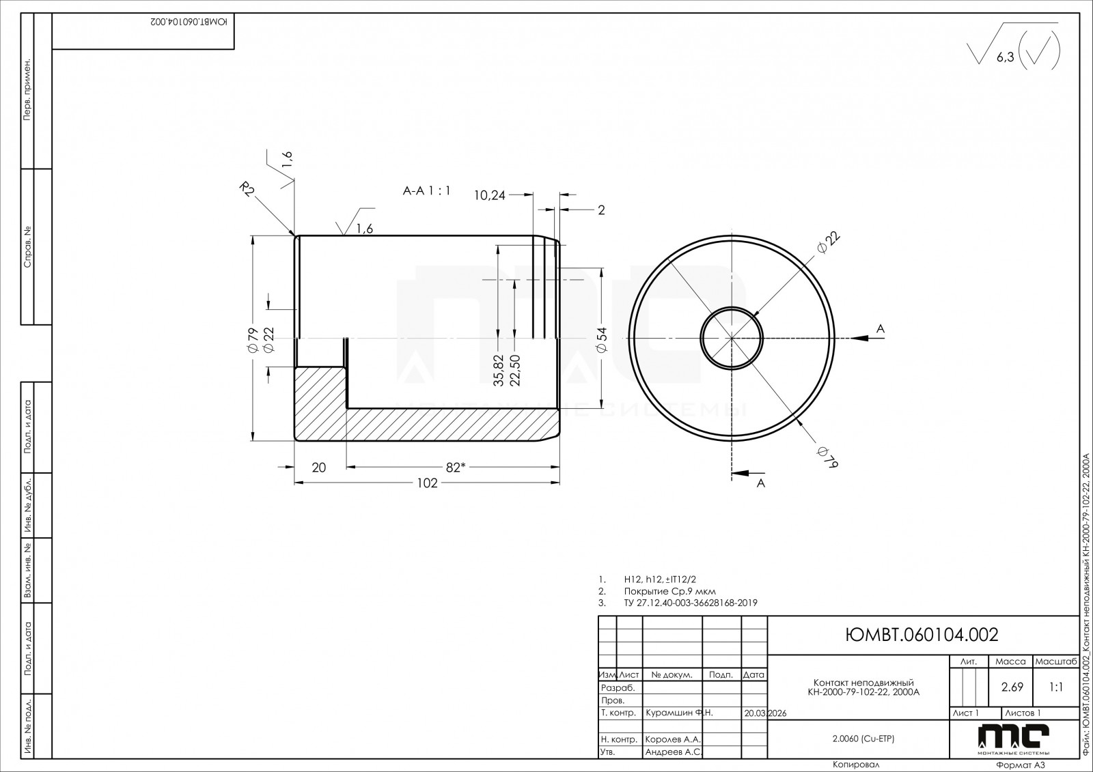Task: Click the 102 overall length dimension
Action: pos(428,483)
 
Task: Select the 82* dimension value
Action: pos(456,467)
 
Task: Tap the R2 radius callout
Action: pos(247,189)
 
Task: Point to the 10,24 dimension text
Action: pos(490,196)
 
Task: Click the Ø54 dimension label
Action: pos(602,339)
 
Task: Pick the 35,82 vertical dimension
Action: pos(498,371)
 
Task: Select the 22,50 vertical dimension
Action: pos(515,371)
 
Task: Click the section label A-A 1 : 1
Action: pos(426,190)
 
